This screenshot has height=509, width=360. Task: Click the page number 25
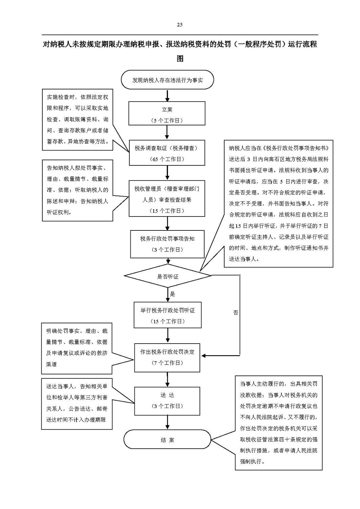point(179,25)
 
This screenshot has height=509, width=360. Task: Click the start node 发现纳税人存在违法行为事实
point(167,80)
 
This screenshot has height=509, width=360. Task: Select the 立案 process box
point(167,113)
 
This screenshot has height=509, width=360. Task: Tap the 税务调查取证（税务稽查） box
point(167,152)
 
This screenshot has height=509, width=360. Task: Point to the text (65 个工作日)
point(167,159)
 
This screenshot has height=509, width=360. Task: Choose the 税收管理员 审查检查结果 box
point(167,198)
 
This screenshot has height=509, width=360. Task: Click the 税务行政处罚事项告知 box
point(167,244)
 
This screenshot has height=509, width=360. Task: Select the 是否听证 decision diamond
point(168,276)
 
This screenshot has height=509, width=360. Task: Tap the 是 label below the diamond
point(172,294)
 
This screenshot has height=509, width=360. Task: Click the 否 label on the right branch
point(235,313)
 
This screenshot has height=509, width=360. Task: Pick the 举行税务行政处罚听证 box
point(168,315)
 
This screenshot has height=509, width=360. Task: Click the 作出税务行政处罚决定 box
point(167,358)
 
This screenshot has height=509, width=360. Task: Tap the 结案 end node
point(167,439)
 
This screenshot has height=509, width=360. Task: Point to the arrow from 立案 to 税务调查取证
point(167,133)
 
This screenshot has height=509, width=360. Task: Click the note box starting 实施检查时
point(78,120)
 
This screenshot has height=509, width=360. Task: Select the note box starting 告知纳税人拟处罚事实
point(78,190)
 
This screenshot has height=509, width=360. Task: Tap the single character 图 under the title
point(180,59)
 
